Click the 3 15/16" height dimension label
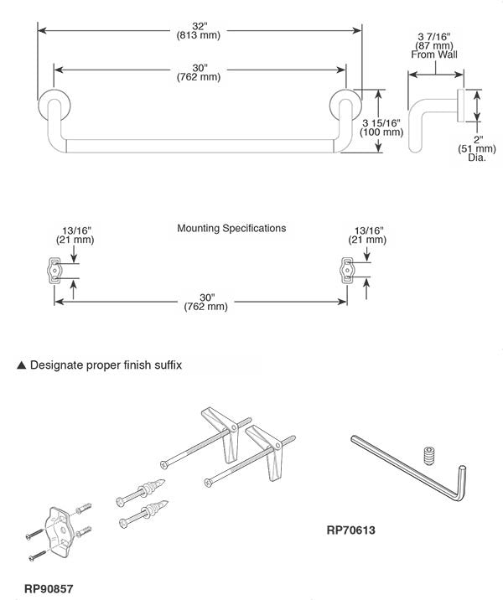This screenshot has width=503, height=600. click(381, 128)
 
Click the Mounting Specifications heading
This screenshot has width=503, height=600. click(231, 228)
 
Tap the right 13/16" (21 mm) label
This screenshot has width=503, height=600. click(370, 235)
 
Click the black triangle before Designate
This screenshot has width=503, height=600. click(22, 365)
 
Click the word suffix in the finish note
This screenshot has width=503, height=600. click(165, 365)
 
